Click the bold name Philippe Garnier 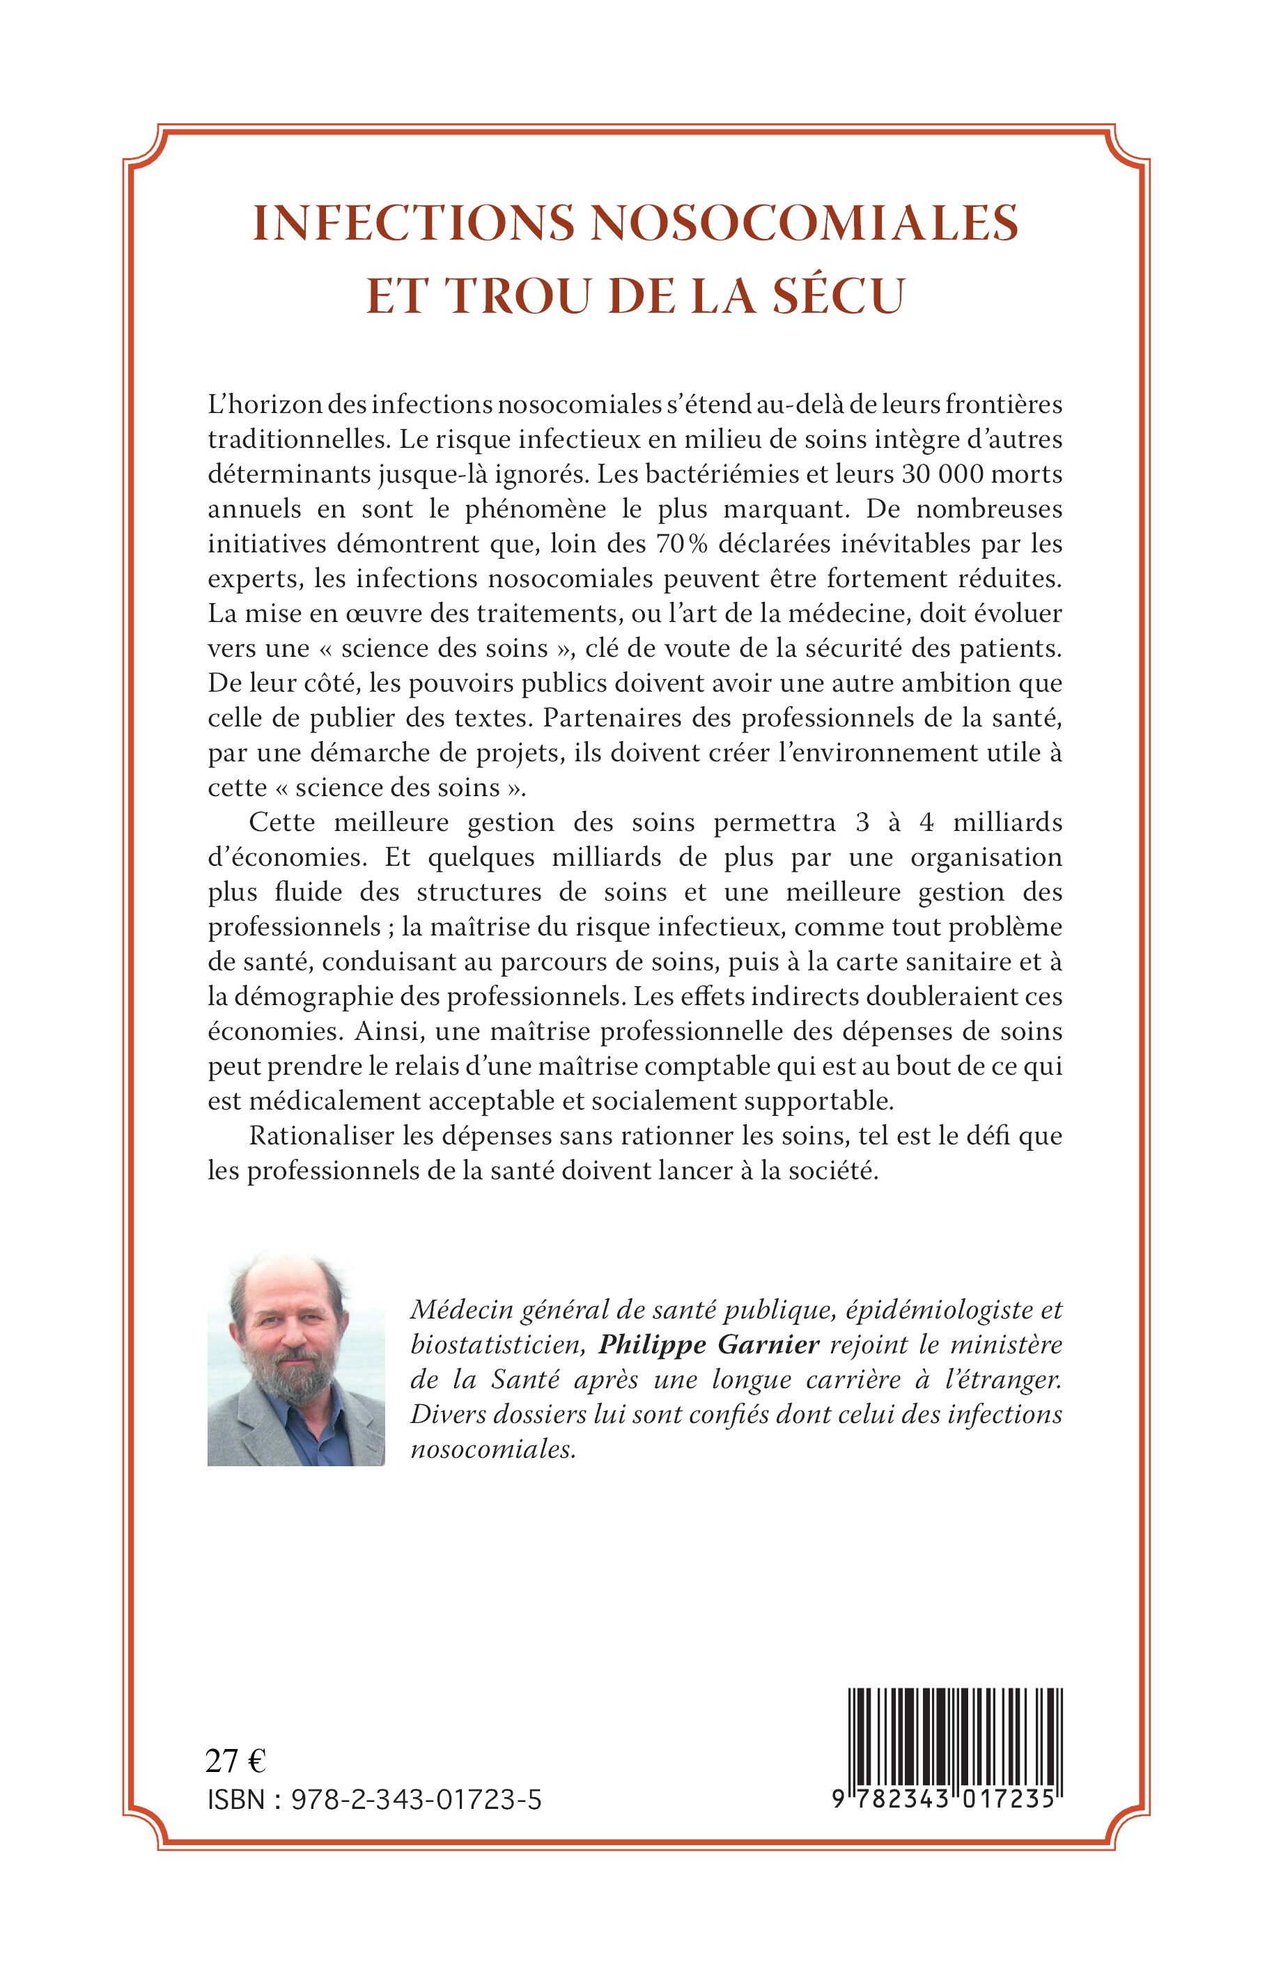point(709,1345)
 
